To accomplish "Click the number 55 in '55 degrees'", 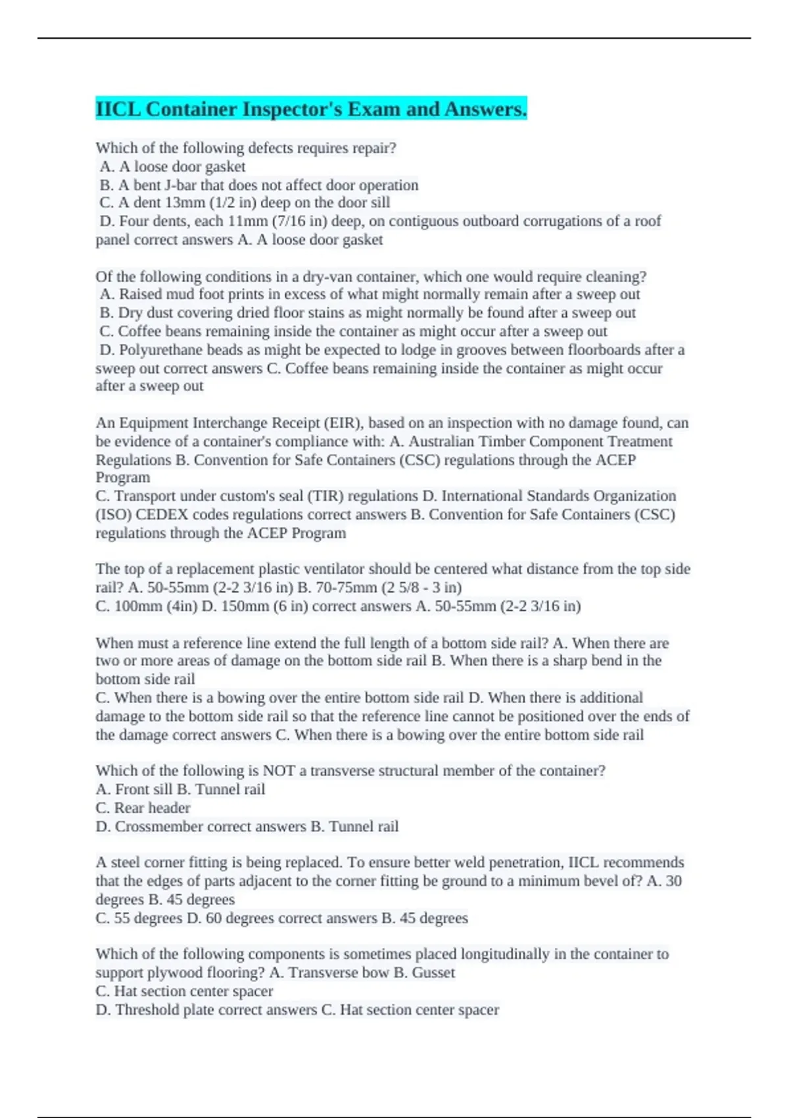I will click(122, 918).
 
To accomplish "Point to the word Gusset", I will click(433, 973).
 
